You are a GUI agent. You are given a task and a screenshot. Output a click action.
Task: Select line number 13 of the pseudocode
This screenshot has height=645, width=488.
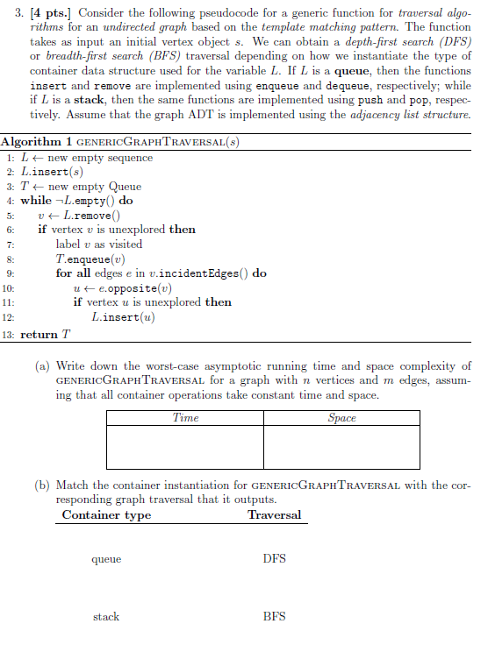point(9,335)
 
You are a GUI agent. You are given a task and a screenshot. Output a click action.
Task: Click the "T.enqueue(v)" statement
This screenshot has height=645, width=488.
point(85,259)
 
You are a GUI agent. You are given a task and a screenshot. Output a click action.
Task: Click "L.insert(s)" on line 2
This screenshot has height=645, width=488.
point(49,172)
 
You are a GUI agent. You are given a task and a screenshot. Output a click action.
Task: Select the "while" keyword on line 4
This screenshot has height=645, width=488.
point(35,201)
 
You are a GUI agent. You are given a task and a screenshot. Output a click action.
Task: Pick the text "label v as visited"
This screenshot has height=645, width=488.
point(98,245)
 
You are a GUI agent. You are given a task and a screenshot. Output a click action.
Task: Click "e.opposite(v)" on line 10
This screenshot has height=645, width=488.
point(130,287)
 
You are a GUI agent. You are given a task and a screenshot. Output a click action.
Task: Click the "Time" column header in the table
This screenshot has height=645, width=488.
point(185,418)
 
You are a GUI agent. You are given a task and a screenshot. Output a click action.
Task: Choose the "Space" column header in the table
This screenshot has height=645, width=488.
point(341,418)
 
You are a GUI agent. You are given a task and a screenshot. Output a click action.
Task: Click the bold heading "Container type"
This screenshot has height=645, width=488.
point(106,515)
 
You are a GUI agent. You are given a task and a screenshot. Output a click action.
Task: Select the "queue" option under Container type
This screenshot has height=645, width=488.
point(106,558)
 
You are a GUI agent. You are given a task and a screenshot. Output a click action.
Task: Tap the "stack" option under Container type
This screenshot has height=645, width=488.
point(106,617)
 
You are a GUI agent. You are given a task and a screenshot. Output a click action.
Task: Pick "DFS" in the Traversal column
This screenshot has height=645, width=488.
point(274,558)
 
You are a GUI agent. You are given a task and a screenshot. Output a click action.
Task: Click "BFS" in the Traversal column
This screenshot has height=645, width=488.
point(274,617)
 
